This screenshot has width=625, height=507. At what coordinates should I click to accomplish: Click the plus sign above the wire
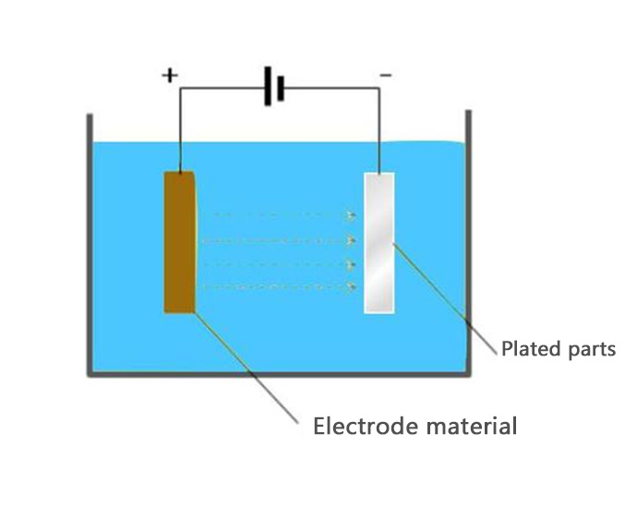pos(169,75)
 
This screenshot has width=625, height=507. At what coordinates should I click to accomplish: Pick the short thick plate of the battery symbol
pos(278,88)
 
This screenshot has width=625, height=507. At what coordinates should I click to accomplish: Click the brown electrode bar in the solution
pos(179,242)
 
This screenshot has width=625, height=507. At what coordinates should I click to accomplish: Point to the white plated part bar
pos(379,242)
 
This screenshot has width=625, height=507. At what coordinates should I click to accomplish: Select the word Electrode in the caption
pos(362,426)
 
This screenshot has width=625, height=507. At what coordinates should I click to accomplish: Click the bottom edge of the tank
pos(277,374)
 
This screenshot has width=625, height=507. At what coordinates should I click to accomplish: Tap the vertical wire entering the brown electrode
pos(179,129)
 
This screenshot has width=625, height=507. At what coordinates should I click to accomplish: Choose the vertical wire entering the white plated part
pos(379,129)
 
